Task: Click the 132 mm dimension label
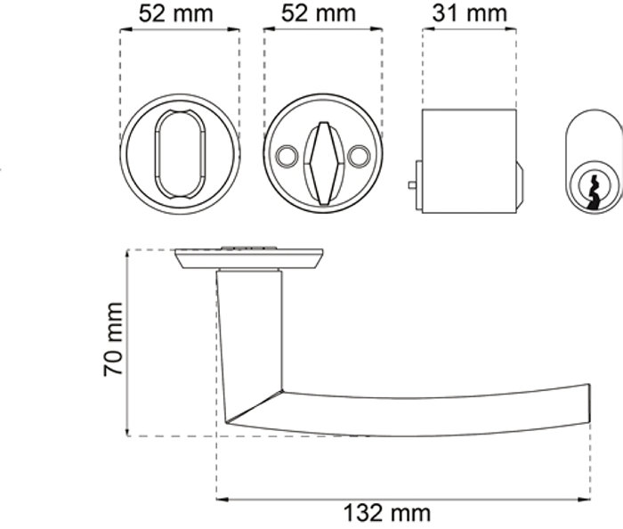pyautogui.click(x=386, y=513)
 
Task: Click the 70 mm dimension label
pyautogui.click(x=113, y=339)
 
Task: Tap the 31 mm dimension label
pyautogui.click(x=469, y=13)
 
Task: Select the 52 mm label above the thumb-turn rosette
pyautogui.click(x=319, y=13)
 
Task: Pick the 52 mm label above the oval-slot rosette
pyautogui.click(x=176, y=13)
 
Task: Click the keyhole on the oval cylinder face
pyautogui.click(x=594, y=192)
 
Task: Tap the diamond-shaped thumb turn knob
pyautogui.click(x=323, y=163)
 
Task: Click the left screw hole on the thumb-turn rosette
pyautogui.click(x=286, y=155)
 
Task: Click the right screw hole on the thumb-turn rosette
pyautogui.click(x=359, y=155)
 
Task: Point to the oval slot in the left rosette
pyautogui.click(x=180, y=154)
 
